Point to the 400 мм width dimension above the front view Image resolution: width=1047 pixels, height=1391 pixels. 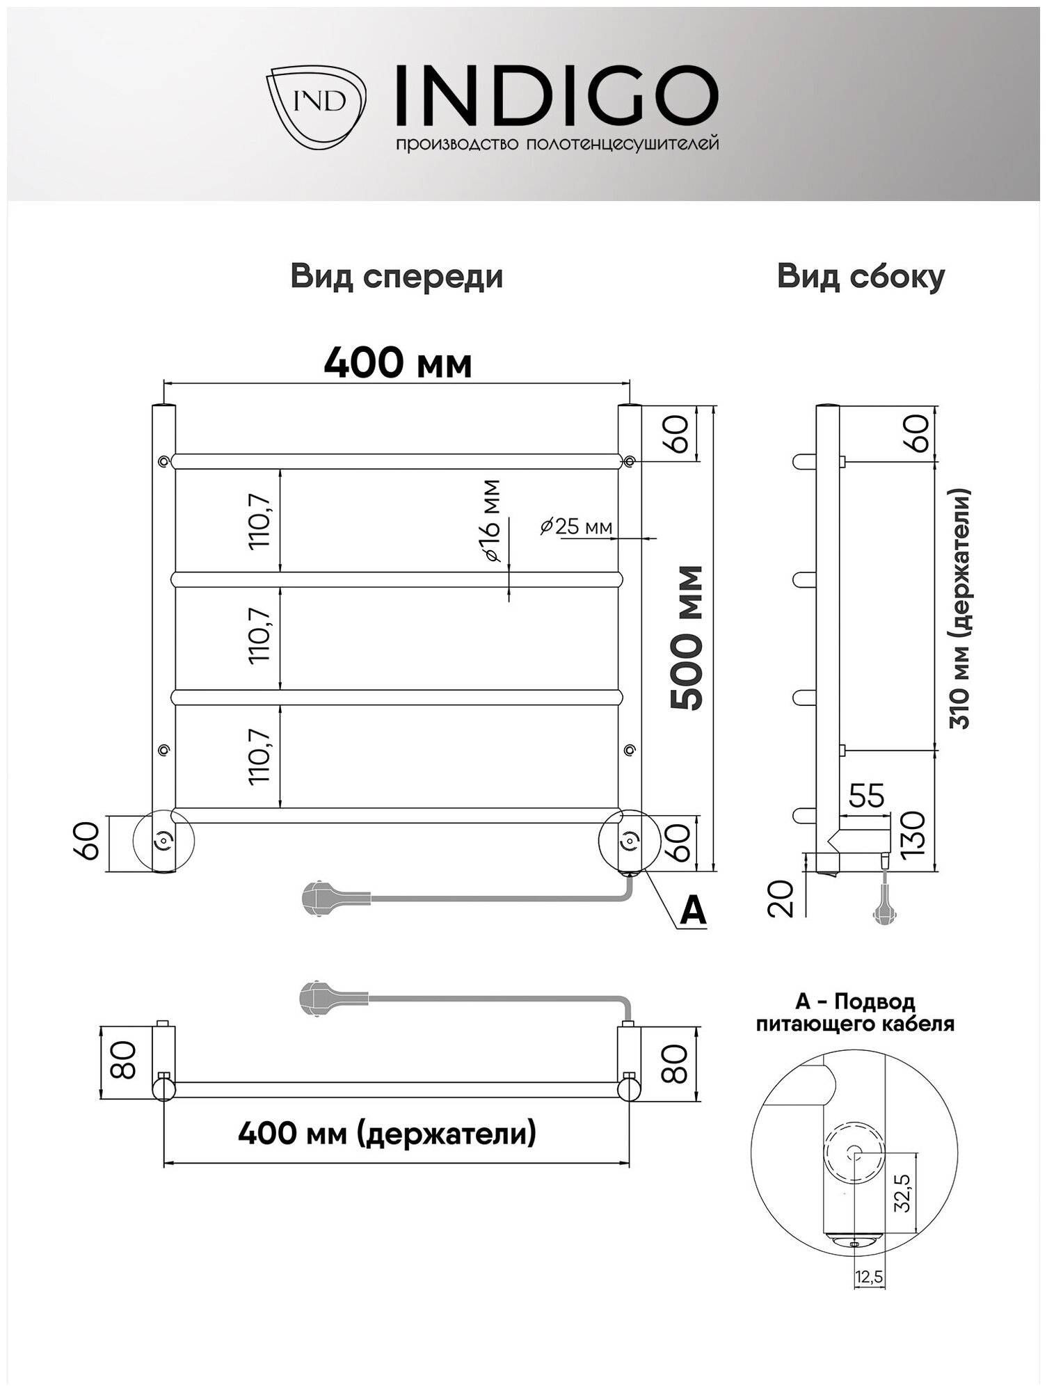[398, 363]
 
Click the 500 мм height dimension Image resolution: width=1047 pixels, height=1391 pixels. [687, 638]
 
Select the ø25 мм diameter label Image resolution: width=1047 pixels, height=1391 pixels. [577, 526]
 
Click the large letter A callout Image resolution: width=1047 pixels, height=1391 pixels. [692, 910]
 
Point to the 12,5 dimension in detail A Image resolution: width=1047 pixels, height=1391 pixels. [870, 1278]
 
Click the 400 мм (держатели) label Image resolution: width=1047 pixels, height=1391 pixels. [387, 1134]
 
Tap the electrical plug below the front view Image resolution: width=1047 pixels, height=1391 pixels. [319, 899]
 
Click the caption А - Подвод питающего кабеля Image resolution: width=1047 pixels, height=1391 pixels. [855, 1013]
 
